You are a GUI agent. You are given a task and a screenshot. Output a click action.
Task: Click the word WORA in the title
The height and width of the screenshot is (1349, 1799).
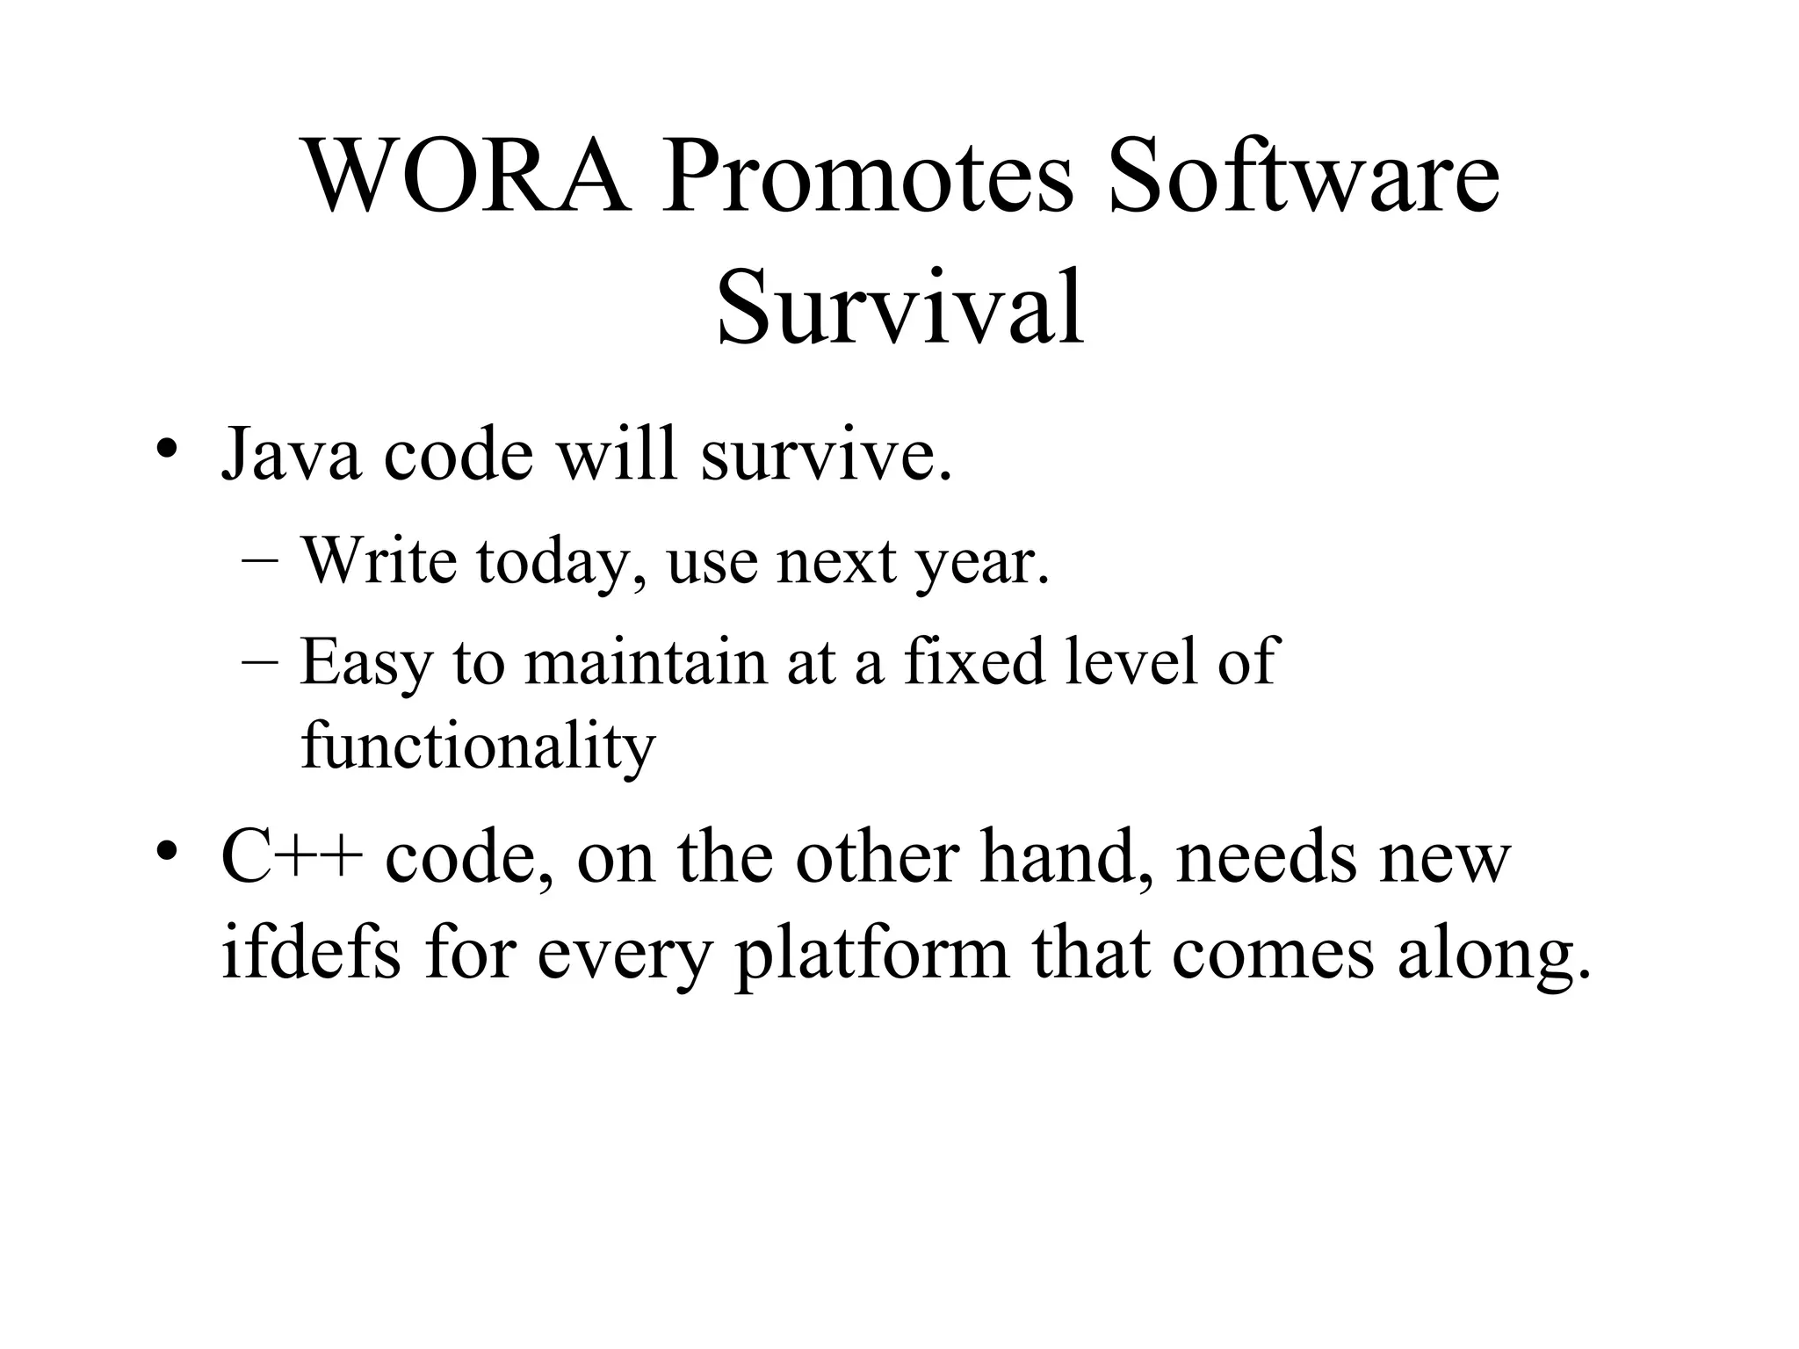(x=466, y=178)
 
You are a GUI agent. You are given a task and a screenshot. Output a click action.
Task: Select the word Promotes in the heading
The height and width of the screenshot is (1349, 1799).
(x=868, y=178)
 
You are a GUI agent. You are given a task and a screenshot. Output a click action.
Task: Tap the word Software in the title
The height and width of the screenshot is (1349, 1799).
(x=1304, y=178)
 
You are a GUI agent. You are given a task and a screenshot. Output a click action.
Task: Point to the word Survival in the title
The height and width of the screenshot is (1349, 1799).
(x=900, y=309)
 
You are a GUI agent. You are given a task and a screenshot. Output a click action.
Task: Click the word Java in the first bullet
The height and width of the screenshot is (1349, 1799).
(x=291, y=454)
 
